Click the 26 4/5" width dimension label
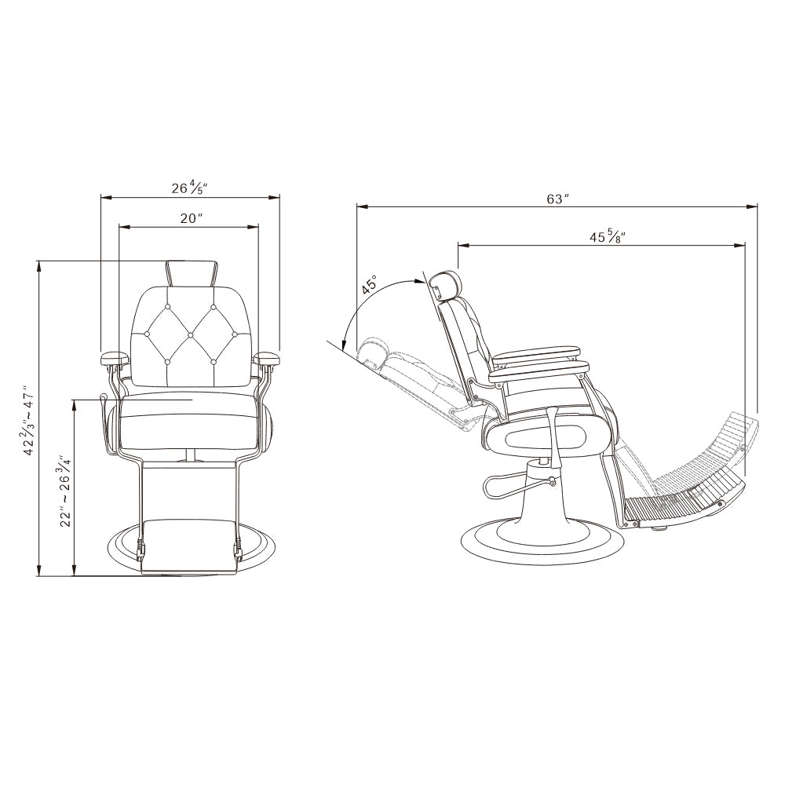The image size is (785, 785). (189, 188)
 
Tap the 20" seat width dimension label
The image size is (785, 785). (192, 218)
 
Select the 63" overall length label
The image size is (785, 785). (557, 199)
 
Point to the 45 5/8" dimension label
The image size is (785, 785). (608, 236)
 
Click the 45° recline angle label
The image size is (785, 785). (371, 286)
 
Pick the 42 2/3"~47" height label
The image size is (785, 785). (28, 420)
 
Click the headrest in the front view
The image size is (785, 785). (192, 273)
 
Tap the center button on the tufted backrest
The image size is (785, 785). (190, 334)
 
